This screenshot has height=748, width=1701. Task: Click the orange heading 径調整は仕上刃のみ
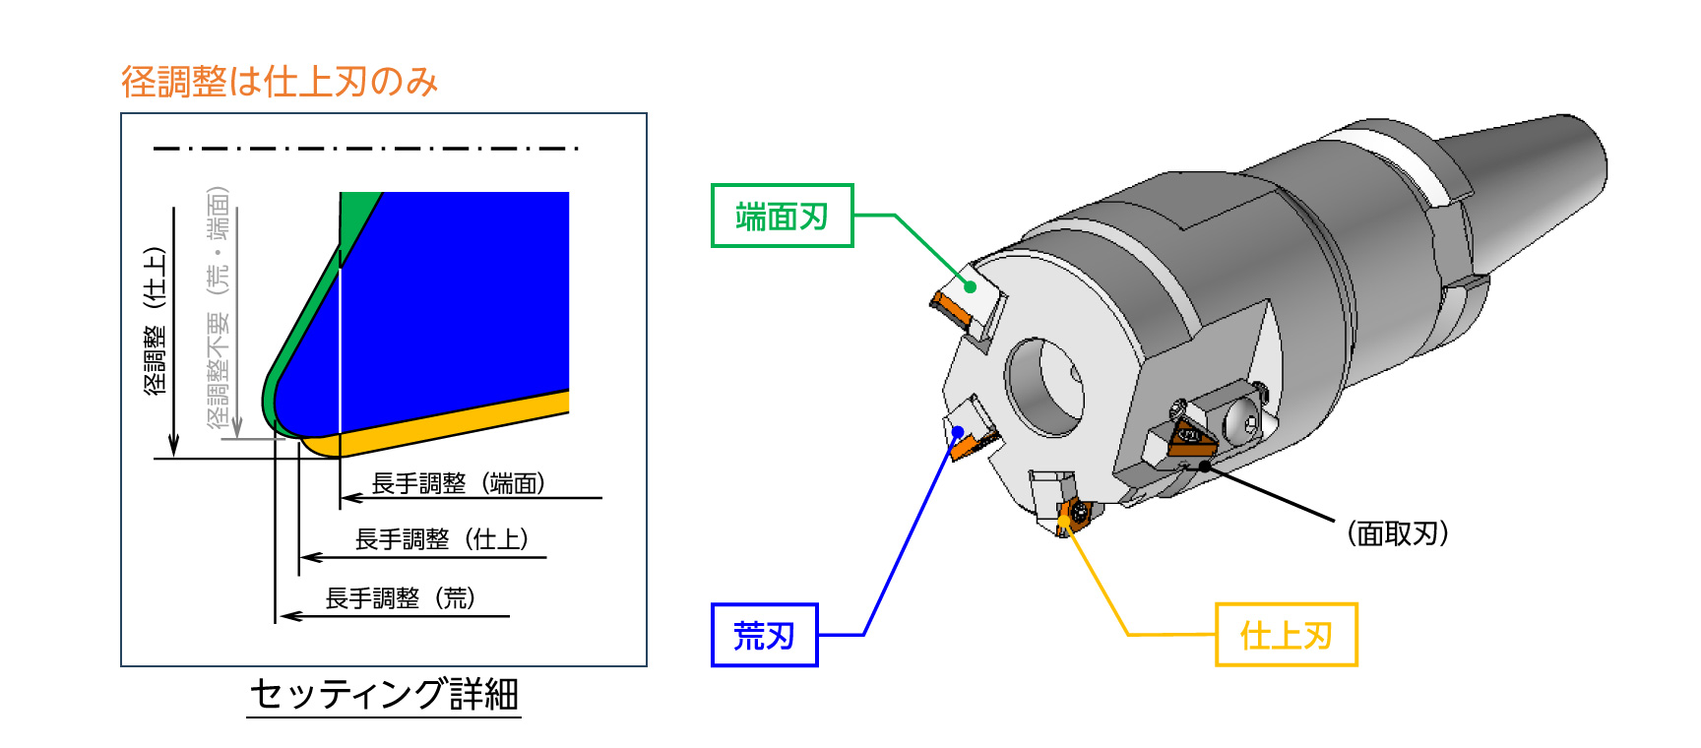point(280,82)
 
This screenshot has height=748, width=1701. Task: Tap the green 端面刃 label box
point(782,216)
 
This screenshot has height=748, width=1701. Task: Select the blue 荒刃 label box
point(764,635)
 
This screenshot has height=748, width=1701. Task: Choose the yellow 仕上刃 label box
point(1286,635)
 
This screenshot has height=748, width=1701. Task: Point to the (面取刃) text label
point(1397,533)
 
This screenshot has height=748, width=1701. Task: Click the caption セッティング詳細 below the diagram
point(384,694)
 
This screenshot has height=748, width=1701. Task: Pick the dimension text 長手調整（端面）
point(458,483)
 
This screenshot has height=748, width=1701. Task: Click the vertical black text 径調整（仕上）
point(156,320)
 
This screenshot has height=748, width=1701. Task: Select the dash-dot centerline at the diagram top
point(364,149)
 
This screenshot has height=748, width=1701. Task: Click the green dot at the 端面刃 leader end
point(970,286)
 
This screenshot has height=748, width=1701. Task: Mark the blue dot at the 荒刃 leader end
point(958,431)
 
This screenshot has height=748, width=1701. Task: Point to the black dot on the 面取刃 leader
point(1205,466)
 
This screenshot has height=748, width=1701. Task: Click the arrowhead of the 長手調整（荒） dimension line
point(286,616)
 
